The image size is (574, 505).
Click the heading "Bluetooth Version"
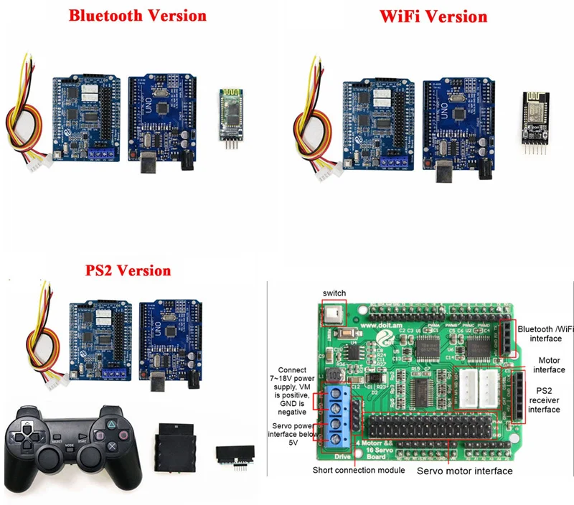tap(137, 15)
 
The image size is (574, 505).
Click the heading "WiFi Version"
tap(436, 16)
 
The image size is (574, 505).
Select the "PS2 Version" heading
tap(128, 271)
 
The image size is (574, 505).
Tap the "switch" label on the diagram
tap(334, 293)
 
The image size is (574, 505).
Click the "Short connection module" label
tap(359, 471)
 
